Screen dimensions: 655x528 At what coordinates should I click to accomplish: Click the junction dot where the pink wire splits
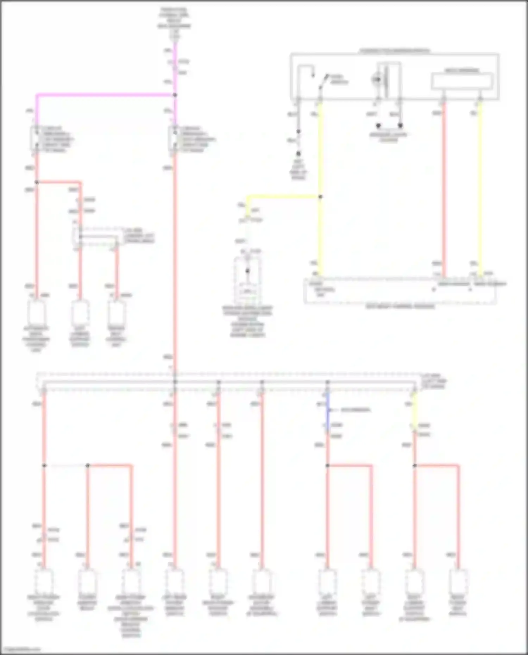[x=175, y=95]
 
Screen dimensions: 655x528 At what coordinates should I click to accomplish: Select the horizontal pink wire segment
[x=106, y=95]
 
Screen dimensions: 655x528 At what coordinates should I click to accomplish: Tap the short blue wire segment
[x=328, y=412]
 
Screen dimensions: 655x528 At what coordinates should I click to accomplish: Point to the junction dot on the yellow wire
[x=320, y=197]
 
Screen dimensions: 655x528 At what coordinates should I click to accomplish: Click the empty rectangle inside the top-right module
[x=462, y=81]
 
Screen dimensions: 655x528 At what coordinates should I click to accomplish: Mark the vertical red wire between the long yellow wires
[x=444, y=190]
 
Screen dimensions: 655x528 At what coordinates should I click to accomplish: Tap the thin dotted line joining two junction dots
[x=66, y=466]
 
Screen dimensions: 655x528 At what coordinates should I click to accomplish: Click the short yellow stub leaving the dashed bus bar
[x=415, y=410]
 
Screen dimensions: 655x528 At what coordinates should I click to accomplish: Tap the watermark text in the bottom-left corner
[x=20, y=649]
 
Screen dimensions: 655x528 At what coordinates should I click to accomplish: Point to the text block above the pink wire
[x=175, y=23]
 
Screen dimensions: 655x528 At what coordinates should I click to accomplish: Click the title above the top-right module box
[x=394, y=51]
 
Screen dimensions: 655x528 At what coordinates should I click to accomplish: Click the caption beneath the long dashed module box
[x=400, y=307]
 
